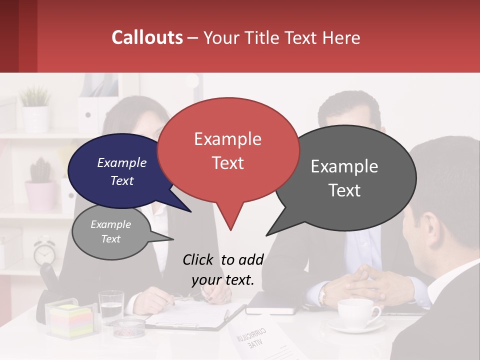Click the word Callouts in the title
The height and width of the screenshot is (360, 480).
click(x=147, y=37)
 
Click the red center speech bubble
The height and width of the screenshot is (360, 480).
click(x=228, y=150)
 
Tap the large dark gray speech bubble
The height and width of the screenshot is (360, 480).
click(x=345, y=177)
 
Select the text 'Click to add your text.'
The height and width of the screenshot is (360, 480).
click(x=223, y=269)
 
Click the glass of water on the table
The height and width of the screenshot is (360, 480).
click(x=111, y=306)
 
